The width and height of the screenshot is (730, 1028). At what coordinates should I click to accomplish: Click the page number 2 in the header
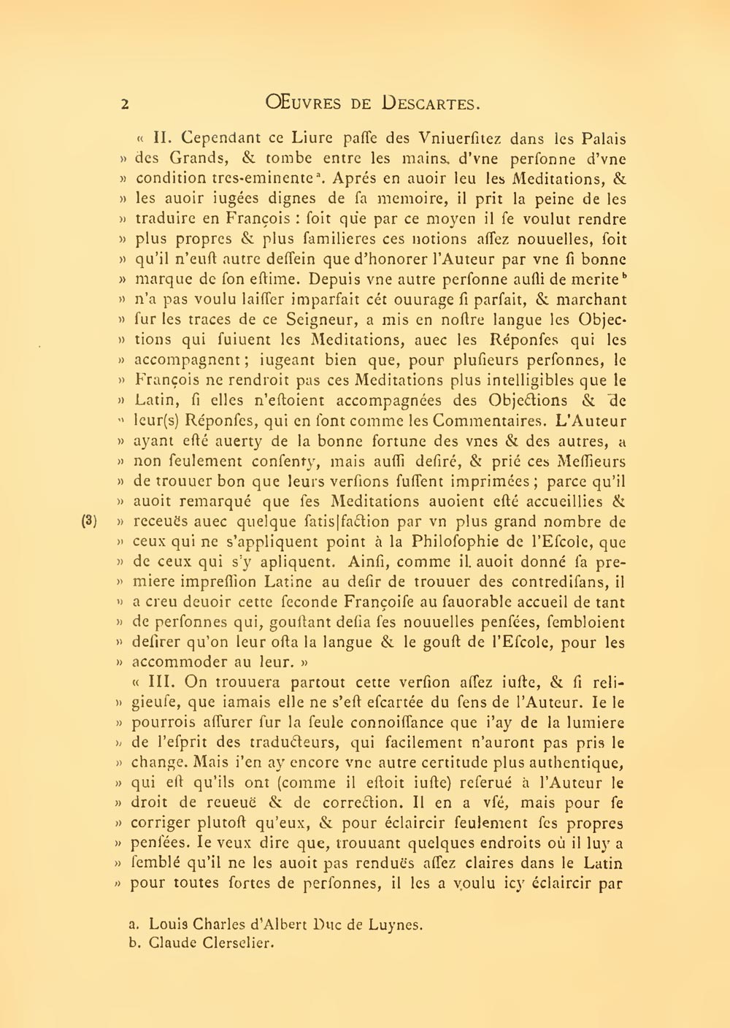pyautogui.click(x=125, y=104)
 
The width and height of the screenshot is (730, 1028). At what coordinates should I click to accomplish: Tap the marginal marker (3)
pyautogui.click(x=89, y=521)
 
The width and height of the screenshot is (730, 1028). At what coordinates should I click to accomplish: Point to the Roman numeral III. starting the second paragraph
pyautogui.click(x=165, y=682)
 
